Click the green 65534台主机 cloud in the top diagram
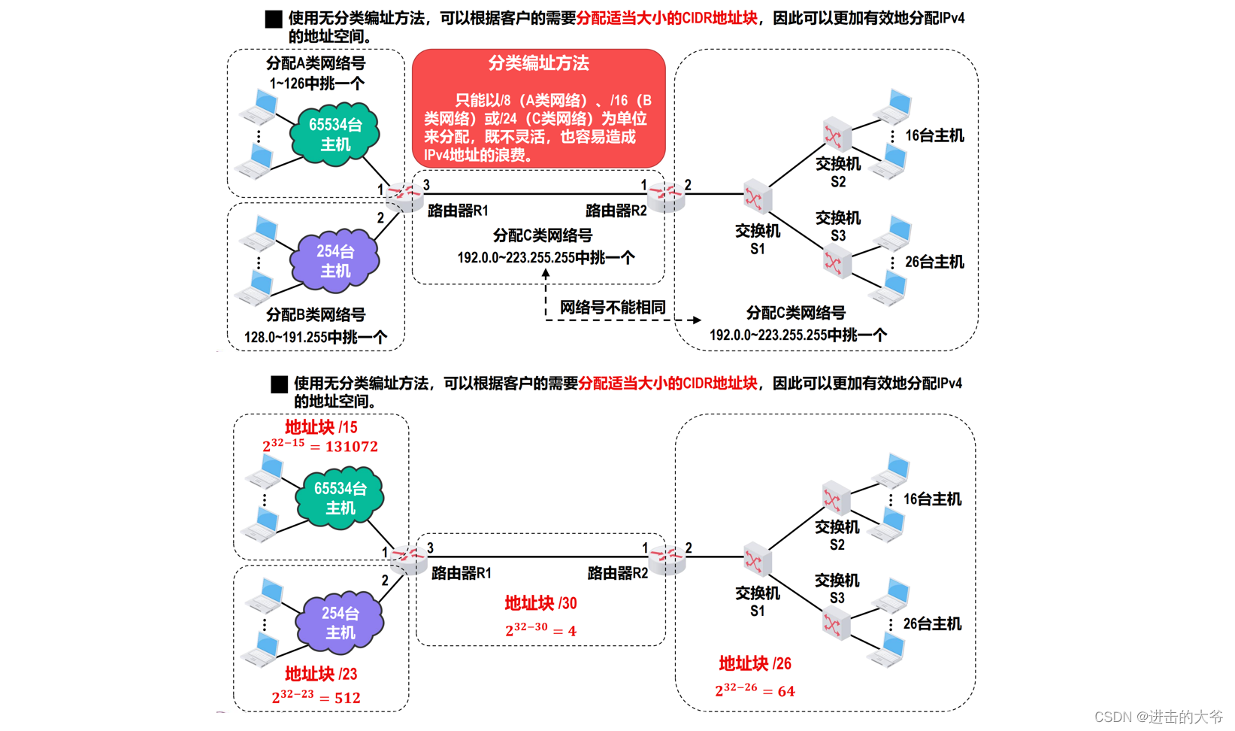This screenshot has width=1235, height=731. pos(335,134)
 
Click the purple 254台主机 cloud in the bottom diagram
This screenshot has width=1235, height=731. pos(340,623)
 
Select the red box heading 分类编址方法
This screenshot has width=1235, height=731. pos(538,63)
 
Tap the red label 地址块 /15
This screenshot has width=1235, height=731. pos(321,427)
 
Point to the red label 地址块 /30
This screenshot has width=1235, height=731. pos(540,603)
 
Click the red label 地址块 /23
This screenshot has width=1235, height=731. pos(321,674)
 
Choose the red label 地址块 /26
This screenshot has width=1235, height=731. pos(755,663)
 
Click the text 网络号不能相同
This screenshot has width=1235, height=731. pos(613,307)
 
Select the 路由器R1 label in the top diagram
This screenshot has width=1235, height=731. pos(458,211)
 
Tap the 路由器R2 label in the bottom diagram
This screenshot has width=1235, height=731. pos(617,573)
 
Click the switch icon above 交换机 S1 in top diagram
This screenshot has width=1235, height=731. pos(756,196)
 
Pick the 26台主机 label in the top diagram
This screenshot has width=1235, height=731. pos(934,262)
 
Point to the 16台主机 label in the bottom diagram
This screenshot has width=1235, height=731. pos(932,499)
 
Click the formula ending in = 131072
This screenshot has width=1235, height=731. pos(320,446)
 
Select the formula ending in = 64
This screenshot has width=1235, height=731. pos(755,690)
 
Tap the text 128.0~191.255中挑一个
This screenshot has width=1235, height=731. pos(316,337)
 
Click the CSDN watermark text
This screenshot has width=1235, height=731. pos(1158,717)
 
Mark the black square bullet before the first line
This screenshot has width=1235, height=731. pos(274,19)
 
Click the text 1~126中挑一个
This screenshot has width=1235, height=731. pos(316,83)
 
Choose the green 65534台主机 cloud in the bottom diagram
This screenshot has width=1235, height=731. pos(340,498)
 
